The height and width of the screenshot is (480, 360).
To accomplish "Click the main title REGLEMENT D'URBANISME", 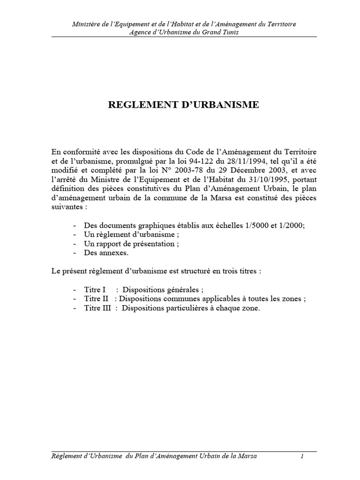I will (183, 105).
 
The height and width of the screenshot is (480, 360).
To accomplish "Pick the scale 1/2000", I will (286, 225).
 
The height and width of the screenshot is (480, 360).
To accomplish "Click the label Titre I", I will (95, 289).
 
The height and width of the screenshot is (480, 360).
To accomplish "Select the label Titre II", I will (96, 299).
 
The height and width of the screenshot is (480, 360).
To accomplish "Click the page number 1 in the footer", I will (303, 457).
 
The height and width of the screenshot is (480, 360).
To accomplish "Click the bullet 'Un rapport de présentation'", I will (132, 244).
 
